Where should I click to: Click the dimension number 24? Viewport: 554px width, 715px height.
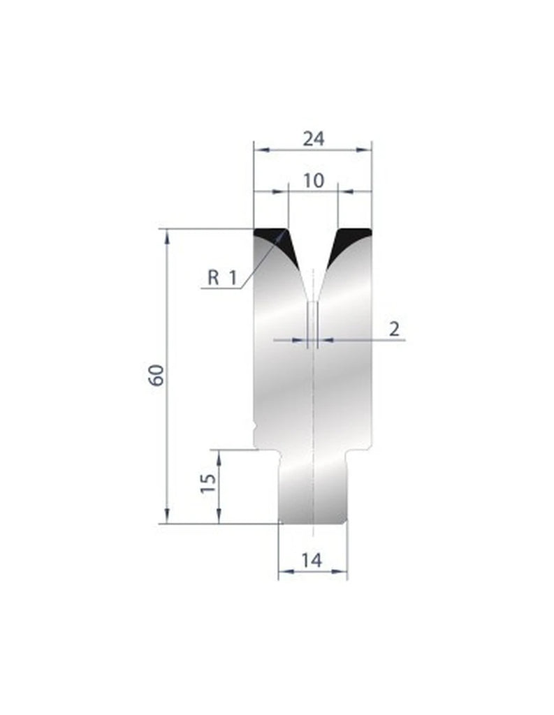[313, 138]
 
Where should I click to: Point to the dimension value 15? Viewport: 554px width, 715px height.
[207, 483]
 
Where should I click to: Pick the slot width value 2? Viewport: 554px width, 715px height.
[395, 330]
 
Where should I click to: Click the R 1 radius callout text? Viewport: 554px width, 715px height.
[222, 278]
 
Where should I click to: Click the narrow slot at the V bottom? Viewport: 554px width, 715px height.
[313, 321]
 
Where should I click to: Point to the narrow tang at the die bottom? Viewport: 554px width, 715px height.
[313, 489]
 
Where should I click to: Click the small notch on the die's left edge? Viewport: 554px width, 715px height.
[256, 425]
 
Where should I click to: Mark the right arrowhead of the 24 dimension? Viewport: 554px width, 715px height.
[369, 149]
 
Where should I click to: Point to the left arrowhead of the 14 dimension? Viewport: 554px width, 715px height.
[282, 571]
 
